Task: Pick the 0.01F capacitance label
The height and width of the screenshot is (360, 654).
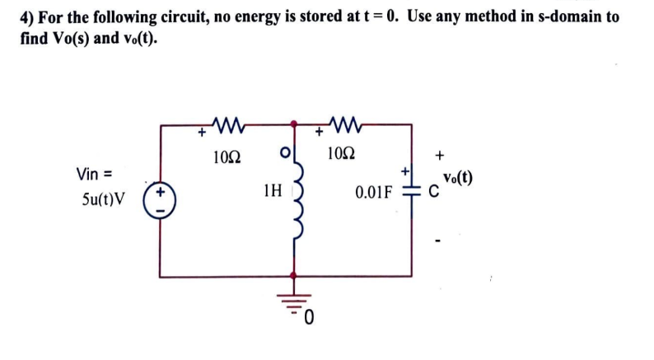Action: click(373, 194)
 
